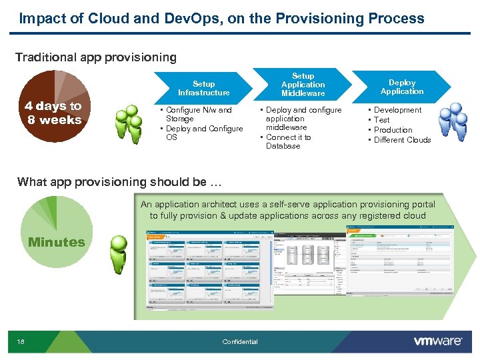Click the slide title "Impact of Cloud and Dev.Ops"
click(221, 19)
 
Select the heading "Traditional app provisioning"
click(96, 57)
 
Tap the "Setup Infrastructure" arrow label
click(203, 88)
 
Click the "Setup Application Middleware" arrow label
click(303, 85)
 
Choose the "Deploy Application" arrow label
click(402, 87)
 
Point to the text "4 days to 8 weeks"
click(53, 113)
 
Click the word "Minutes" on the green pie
click(57, 242)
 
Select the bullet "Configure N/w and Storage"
click(198, 114)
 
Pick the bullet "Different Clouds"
click(402, 140)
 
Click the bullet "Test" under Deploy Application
click(382, 120)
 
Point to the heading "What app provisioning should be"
click(119, 182)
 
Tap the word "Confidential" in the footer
click(240, 342)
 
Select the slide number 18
click(21, 342)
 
